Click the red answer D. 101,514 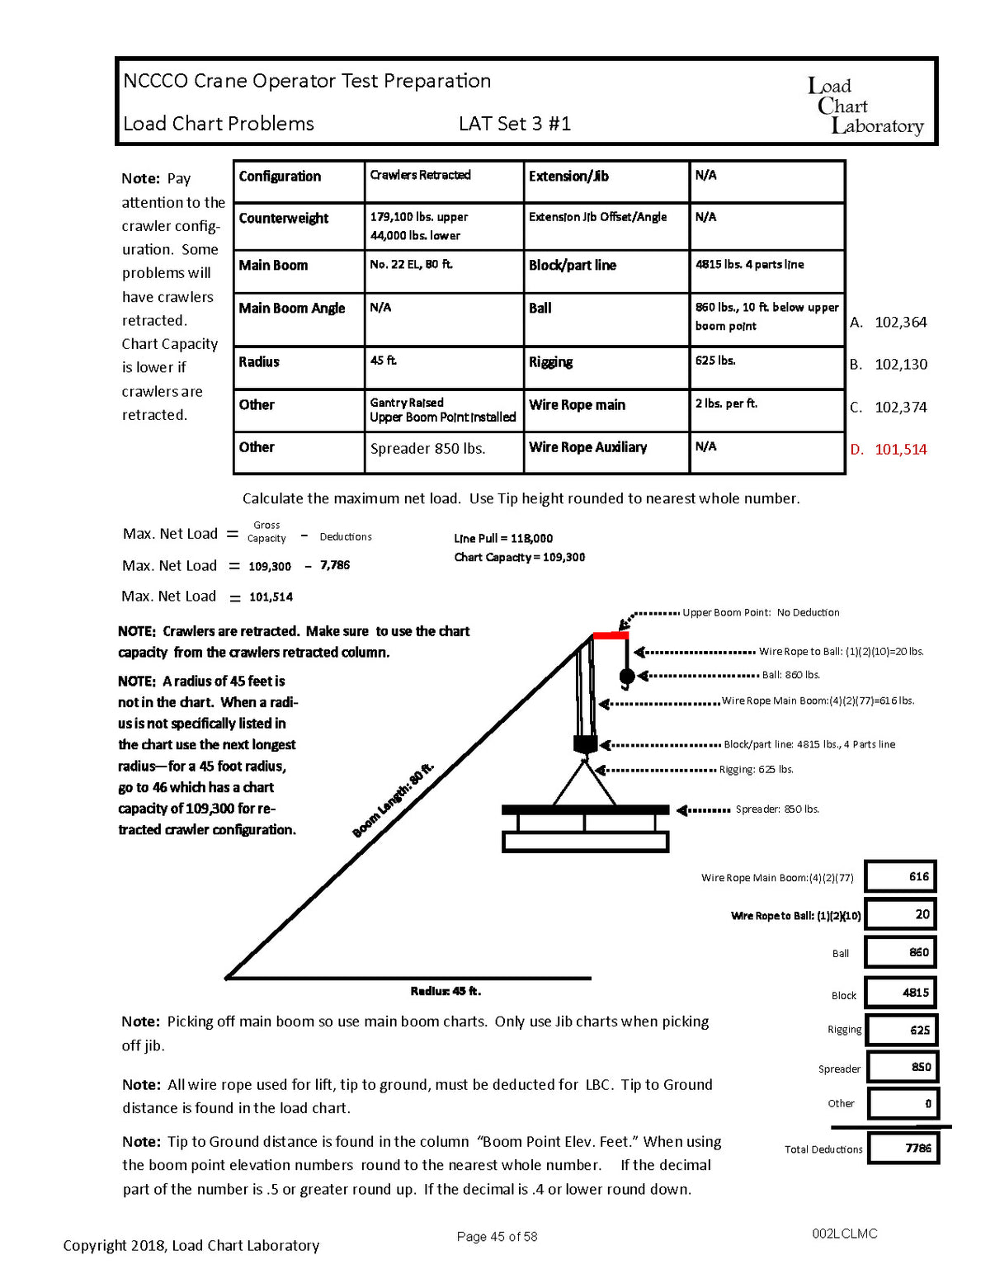[889, 450]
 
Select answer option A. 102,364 [889, 323]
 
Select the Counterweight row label [284, 219]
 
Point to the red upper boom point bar [611, 635]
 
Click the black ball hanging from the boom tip [627, 677]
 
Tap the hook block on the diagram [585, 743]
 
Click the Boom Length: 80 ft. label [393, 800]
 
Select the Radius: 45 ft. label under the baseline [446, 991]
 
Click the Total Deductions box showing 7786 [903, 1148]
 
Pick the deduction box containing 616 [901, 876]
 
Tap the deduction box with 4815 [901, 993]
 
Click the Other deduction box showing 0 [903, 1103]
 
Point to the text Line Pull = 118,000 [503, 539]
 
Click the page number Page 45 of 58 [497, 1237]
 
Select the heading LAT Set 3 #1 [515, 125]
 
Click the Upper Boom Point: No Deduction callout [761, 613]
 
